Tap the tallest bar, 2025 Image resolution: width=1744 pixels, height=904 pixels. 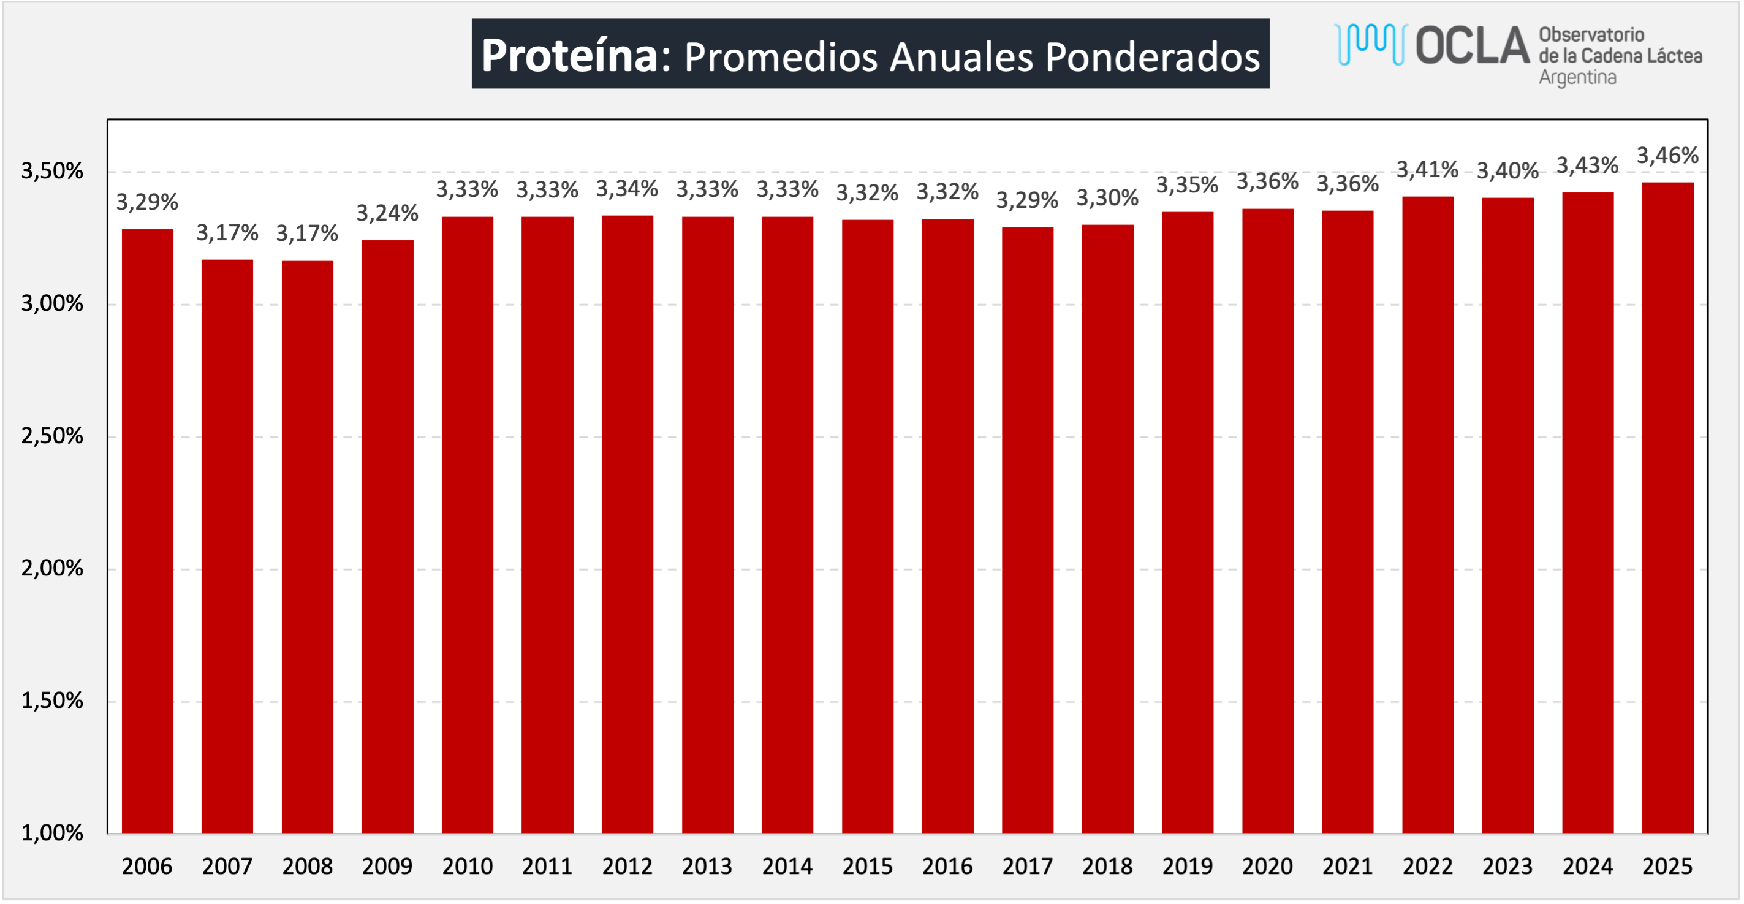point(1667,508)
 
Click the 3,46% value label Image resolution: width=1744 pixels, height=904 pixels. point(1667,156)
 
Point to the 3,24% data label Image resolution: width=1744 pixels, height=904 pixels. point(387,213)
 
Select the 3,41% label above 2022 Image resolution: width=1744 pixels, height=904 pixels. point(1427,169)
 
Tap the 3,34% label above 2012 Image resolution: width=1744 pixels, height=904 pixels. point(627,189)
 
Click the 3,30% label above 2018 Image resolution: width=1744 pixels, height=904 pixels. point(1107,198)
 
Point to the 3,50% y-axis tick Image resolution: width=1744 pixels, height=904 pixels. point(52,170)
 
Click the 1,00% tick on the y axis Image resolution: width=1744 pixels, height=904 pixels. point(52,832)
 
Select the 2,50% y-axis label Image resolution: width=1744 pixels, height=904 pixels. point(52,435)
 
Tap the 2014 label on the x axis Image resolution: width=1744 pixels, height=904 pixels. point(787,866)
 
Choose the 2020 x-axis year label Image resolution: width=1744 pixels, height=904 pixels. point(1267,866)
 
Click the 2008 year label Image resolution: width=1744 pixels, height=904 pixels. point(308,866)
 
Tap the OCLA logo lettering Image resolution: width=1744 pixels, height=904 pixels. point(1472,46)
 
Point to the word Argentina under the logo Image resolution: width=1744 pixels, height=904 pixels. point(1577,77)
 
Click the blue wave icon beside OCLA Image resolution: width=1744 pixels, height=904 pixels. point(1370,44)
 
